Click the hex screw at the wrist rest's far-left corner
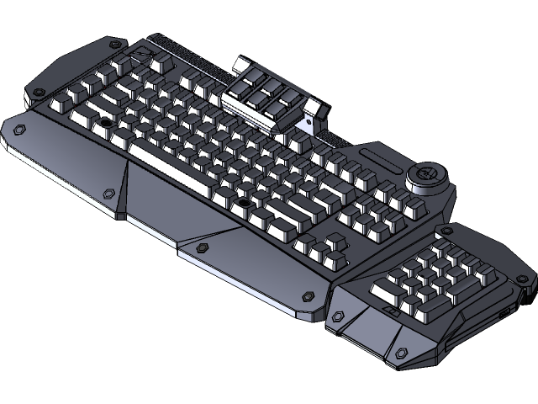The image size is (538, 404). point(18,130)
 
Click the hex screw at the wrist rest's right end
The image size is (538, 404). point(309,295)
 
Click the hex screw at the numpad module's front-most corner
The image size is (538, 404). point(402,353)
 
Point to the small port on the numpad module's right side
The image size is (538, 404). point(504,313)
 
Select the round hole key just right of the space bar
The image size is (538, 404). point(244,203)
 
